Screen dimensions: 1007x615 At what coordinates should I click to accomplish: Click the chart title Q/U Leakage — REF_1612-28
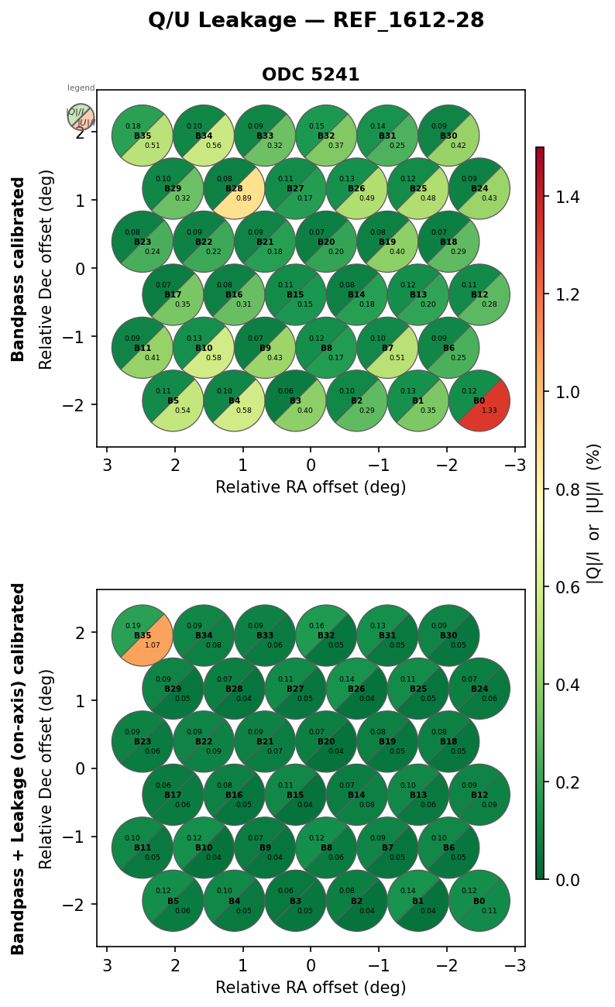pos(316,21)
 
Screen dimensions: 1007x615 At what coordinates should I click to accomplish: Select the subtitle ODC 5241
pos(311,75)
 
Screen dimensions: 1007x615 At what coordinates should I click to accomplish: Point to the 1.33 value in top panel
pos(490,411)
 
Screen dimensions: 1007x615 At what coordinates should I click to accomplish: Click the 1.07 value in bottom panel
pos(153,645)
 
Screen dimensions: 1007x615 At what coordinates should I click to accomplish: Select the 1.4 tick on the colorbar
pos(569,197)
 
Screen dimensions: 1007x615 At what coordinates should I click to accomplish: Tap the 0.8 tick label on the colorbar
pos(569,490)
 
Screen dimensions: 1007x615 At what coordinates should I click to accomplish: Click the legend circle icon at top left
pos(81,117)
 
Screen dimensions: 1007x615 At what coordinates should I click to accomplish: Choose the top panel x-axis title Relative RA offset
pos(311,487)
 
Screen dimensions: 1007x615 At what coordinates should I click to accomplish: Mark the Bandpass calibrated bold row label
pos(19,269)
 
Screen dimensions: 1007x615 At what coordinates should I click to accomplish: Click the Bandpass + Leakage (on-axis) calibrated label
pos(19,768)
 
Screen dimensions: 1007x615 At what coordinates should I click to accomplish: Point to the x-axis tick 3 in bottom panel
pos(107,966)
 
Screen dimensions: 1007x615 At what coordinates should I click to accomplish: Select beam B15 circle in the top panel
pos(295,294)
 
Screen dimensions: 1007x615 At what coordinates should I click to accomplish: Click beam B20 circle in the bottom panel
pos(326,741)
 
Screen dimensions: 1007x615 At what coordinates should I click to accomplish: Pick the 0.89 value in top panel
pos(244,198)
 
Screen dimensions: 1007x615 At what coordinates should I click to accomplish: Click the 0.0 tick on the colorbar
pos(569,880)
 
